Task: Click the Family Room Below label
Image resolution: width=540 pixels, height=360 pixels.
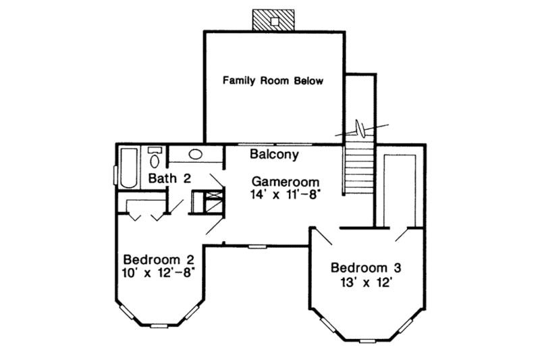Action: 273,81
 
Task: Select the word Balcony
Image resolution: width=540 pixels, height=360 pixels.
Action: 274,155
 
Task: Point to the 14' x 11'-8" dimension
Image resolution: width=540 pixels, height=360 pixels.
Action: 284,194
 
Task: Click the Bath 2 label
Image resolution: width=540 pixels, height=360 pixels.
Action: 171,179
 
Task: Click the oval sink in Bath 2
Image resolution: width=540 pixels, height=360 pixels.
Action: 196,155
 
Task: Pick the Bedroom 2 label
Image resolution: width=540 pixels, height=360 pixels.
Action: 159,260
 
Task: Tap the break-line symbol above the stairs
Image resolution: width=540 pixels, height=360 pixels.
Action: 364,127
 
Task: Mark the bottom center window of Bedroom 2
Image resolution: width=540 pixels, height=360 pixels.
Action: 159,326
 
